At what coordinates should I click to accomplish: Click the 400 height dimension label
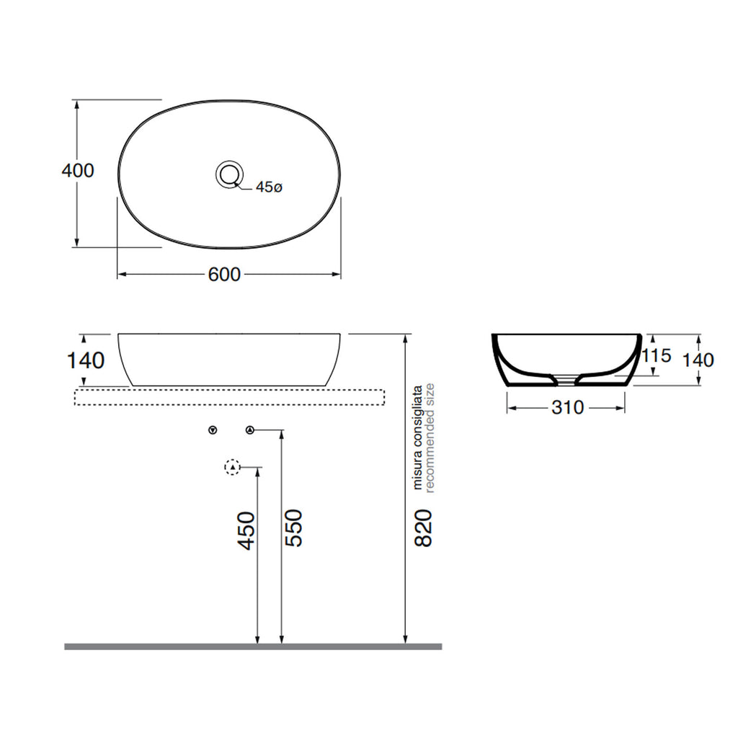(78, 171)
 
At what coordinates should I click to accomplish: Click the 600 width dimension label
(224, 275)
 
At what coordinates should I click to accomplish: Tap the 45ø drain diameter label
(269, 187)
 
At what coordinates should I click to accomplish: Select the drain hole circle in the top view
(230, 173)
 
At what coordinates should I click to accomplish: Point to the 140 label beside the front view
(86, 360)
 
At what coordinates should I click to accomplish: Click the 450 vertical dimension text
(247, 531)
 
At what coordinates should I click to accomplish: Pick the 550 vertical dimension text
(293, 528)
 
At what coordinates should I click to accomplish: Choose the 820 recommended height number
(424, 528)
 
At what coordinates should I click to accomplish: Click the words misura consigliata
(417, 437)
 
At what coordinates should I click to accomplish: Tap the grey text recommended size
(430, 437)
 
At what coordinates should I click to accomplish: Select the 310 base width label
(567, 408)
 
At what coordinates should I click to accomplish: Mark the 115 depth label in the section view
(656, 355)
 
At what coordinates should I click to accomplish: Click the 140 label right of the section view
(698, 359)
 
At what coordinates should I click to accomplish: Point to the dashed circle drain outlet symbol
(232, 468)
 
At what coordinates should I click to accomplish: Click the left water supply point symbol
(212, 431)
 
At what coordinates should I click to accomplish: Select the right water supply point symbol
(249, 431)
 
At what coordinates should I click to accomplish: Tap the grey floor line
(253, 646)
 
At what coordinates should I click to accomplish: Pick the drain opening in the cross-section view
(567, 377)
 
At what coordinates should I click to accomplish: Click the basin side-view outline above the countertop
(229, 359)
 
